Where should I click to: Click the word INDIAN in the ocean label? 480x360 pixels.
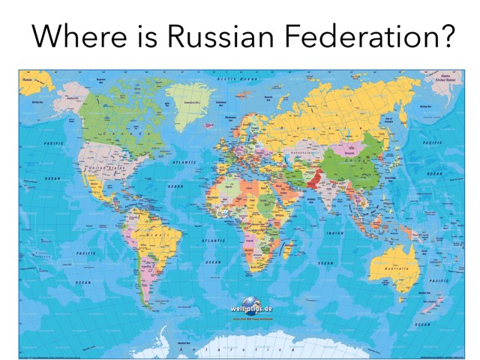click(335, 232)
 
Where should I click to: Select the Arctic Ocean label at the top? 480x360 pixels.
click(234, 78)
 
